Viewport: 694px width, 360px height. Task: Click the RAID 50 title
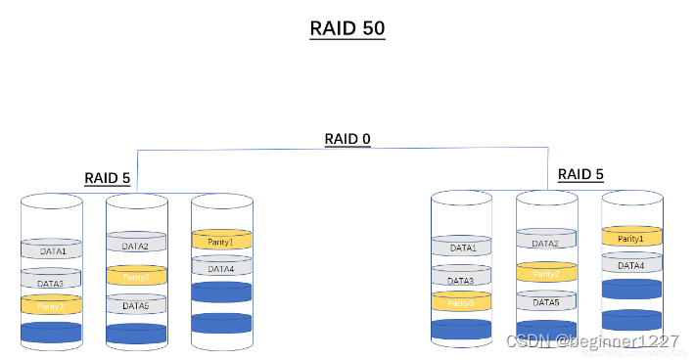[x=347, y=27]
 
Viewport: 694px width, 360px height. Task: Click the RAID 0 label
[x=347, y=139]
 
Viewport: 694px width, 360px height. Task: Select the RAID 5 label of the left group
[x=108, y=178]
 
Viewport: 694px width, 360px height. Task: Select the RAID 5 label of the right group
[x=580, y=175]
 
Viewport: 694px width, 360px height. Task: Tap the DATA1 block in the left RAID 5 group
[x=52, y=250]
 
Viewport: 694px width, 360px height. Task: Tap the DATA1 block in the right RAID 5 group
[x=462, y=247]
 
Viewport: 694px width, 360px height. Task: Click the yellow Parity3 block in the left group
[x=52, y=305]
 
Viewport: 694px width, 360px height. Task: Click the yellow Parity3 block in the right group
[x=462, y=302]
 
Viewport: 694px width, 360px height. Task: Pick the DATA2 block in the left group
[x=136, y=245]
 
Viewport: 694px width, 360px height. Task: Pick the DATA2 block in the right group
[x=546, y=242]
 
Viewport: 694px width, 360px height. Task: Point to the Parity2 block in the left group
[x=136, y=277]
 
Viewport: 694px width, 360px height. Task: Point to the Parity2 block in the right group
[x=546, y=274]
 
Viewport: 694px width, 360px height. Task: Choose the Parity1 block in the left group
[x=221, y=240]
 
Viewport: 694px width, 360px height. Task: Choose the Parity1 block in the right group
[x=631, y=238]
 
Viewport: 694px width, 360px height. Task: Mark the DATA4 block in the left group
[x=221, y=267]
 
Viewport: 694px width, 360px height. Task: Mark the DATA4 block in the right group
[x=631, y=264]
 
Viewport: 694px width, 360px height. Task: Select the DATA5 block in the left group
[x=136, y=305]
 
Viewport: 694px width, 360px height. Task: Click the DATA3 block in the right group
[x=462, y=280]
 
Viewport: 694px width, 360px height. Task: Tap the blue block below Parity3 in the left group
[x=52, y=333]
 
